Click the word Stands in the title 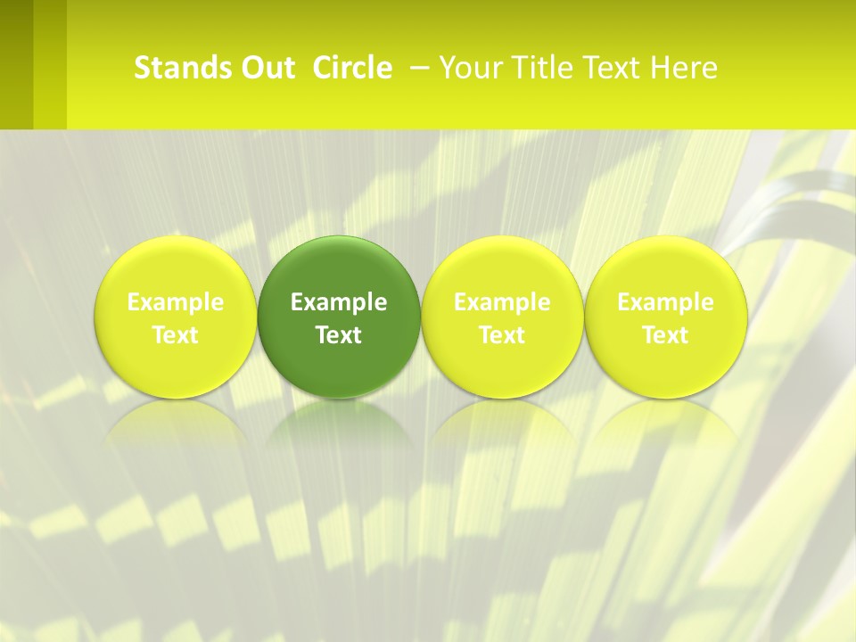175,68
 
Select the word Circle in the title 352,68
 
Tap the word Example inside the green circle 339,302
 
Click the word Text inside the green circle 339,335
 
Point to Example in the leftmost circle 176,302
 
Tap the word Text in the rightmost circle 665,335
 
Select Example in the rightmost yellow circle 665,302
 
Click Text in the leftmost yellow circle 176,335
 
